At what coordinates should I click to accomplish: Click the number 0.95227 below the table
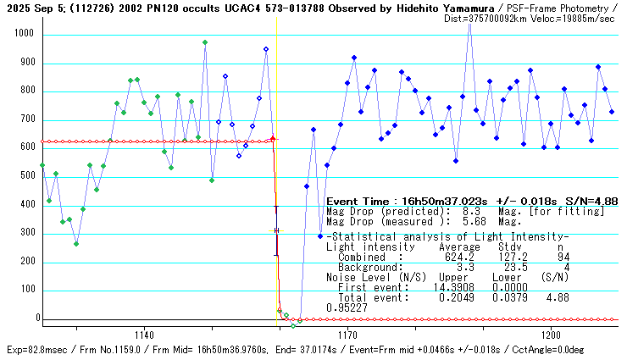345,307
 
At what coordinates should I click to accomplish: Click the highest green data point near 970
205,42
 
